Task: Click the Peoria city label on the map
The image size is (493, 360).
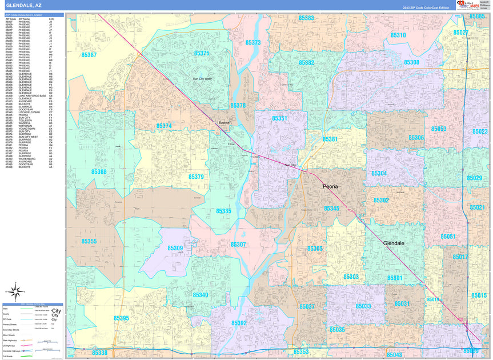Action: [330, 186]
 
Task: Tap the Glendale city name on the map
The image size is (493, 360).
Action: [394, 243]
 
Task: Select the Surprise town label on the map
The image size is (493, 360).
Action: [223, 122]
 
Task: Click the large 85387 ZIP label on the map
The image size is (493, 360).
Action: [89, 55]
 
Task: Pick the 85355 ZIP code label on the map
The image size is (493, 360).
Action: [89, 241]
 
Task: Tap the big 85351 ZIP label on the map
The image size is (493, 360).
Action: [280, 118]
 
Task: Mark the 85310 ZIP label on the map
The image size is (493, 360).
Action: [398, 35]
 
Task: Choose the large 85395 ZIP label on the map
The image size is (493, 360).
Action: [121, 318]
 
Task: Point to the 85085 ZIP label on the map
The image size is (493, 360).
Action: [477, 17]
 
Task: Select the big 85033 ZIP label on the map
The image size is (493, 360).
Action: [363, 306]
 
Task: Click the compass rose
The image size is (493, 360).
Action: [18, 293]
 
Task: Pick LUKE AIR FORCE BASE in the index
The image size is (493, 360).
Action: [32, 96]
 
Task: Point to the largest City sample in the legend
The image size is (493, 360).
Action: [56, 310]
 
